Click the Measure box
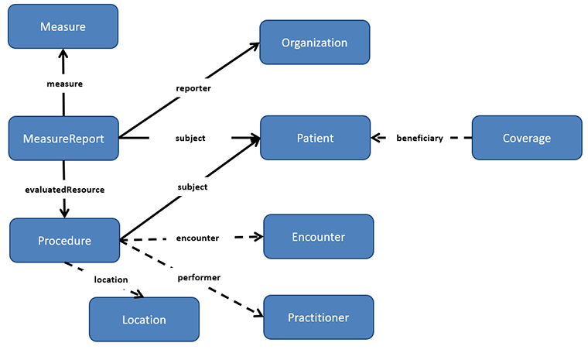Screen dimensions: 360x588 (x=63, y=27)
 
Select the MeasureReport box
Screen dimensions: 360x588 (x=63, y=139)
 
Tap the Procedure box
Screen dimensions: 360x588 (x=64, y=240)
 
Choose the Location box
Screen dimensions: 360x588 (x=144, y=319)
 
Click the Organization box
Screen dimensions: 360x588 (x=314, y=43)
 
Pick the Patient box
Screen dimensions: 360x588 (x=315, y=139)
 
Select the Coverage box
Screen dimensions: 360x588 (x=526, y=139)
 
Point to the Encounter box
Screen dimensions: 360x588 (x=318, y=236)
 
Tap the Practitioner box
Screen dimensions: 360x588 (x=318, y=317)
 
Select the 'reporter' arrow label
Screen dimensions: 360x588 (x=193, y=88)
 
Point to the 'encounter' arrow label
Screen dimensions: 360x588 (x=197, y=238)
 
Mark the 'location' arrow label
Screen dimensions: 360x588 (x=111, y=279)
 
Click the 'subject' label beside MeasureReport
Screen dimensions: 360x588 (x=190, y=139)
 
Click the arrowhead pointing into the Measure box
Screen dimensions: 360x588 (x=63, y=54)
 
